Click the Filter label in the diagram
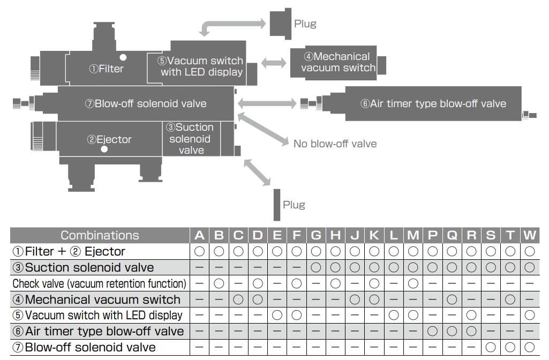click(106, 69)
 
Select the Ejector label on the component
click(109, 139)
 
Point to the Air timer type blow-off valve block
click(433, 103)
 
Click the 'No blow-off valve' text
click(335, 144)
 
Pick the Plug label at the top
click(305, 24)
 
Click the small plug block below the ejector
click(277, 205)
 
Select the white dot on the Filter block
click(123, 57)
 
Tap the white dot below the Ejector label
click(104, 149)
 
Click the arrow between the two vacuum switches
click(274, 63)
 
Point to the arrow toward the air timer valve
click(267, 103)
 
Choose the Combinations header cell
click(100, 235)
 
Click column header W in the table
click(530, 235)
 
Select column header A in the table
click(199, 235)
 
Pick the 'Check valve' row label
click(100, 283)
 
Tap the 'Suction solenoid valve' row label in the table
click(83, 267)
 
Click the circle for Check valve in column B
click(219, 283)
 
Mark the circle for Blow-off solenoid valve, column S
click(491, 347)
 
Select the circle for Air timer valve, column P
click(433, 331)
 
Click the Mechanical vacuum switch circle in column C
click(238, 299)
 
